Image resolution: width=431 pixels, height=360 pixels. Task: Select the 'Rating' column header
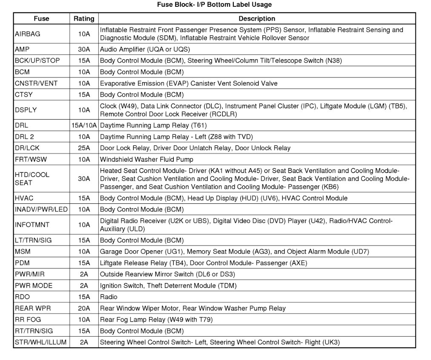[x=84, y=19]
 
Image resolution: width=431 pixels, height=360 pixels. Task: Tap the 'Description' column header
[x=257, y=19]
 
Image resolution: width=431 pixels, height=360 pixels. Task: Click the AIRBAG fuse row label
[x=27, y=34]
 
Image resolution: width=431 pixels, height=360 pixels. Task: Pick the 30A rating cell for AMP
[x=84, y=49]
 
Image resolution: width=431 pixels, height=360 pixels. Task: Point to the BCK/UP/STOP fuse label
[x=37, y=60]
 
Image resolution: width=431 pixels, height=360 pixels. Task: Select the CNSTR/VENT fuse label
[x=36, y=83]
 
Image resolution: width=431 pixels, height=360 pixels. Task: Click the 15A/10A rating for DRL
[x=84, y=126]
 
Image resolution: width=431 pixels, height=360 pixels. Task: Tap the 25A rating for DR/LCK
[x=84, y=148]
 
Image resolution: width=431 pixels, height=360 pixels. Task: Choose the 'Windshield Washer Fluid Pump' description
[x=147, y=160]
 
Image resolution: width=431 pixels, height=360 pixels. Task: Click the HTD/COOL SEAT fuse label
[x=32, y=179]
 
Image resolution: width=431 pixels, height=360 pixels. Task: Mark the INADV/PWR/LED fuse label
[x=41, y=209]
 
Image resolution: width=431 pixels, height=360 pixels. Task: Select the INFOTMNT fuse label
[x=32, y=225]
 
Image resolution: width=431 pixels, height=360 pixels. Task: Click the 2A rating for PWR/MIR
[x=84, y=274]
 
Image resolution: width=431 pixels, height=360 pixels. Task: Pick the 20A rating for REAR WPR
[x=84, y=308]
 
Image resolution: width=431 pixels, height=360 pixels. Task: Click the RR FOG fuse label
[x=28, y=320]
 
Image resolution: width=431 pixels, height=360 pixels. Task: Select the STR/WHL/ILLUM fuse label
[x=40, y=342]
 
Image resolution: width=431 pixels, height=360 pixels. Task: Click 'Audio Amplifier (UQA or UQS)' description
[x=145, y=49]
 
